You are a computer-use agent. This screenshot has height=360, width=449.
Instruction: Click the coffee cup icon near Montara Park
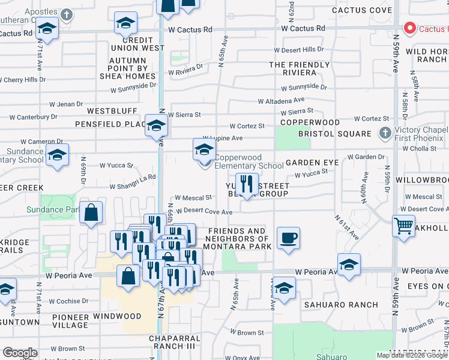click(288, 238)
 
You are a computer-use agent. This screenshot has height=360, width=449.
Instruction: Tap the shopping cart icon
click(403, 226)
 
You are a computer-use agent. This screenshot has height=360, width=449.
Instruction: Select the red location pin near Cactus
click(410, 28)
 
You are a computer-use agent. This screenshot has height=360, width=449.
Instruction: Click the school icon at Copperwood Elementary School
click(204, 149)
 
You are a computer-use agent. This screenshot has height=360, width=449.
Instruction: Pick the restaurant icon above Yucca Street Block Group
click(246, 183)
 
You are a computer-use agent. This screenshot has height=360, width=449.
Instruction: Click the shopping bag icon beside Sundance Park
click(91, 213)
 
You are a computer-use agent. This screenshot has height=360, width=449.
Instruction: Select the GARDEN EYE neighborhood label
click(312, 163)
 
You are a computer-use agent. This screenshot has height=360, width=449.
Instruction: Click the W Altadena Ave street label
click(281, 101)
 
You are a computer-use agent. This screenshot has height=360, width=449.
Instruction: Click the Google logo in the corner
click(20, 353)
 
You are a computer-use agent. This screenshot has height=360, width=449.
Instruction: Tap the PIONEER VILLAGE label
click(70, 320)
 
